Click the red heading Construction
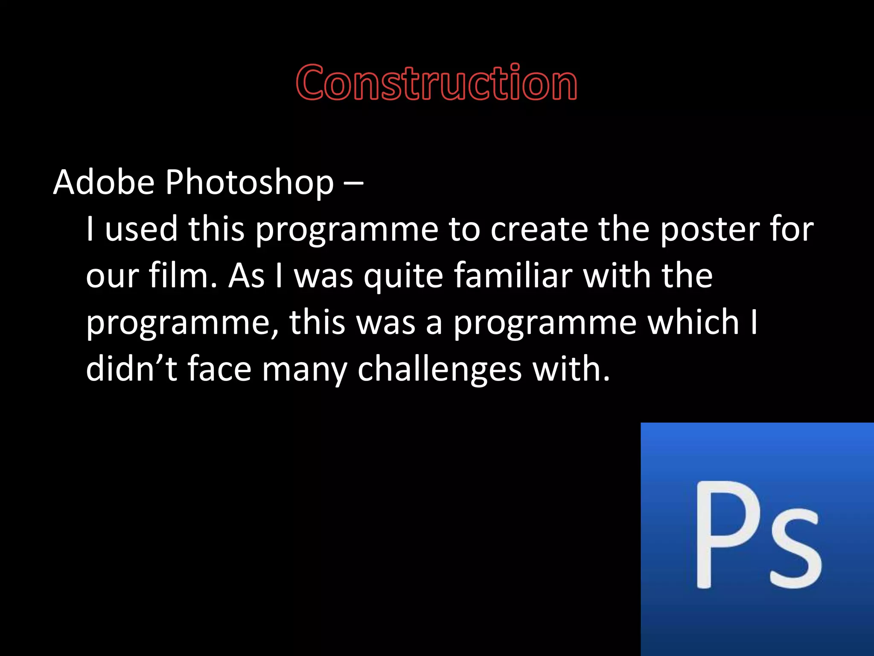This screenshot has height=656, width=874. pyautogui.click(x=437, y=82)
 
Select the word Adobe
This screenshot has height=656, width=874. pyautogui.click(x=103, y=182)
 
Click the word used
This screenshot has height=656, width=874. pyautogui.click(x=141, y=228)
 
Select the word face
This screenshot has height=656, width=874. pyautogui.click(x=219, y=369)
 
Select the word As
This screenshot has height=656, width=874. pyautogui.click(x=246, y=275)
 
